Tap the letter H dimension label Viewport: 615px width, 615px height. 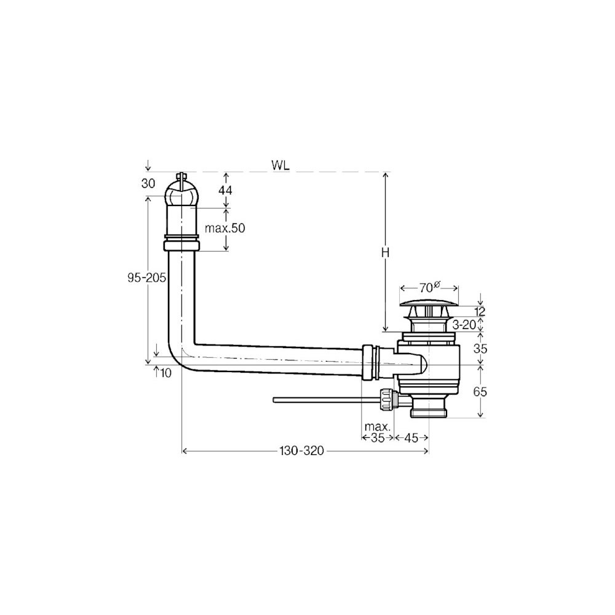pyautogui.click(x=386, y=253)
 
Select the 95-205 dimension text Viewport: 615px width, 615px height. pyautogui.click(x=147, y=278)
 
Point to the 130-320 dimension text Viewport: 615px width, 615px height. pyautogui.click(x=301, y=451)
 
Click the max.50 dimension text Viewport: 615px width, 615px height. pyautogui.click(x=224, y=228)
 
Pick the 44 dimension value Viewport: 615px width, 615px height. pyautogui.click(x=224, y=190)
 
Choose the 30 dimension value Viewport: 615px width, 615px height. pyautogui.click(x=148, y=183)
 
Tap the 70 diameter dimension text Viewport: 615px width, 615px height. pyautogui.click(x=429, y=287)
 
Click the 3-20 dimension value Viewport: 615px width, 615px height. pyautogui.click(x=464, y=324)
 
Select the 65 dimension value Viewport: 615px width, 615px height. pyautogui.click(x=480, y=391)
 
